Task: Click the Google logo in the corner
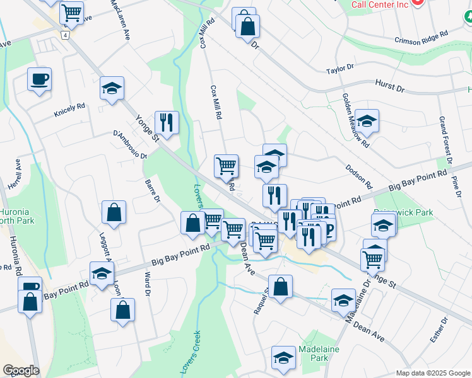[21, 370]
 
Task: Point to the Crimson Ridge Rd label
[421, 37]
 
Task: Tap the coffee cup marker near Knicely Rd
[39, 79]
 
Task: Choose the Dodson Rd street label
[359, 177]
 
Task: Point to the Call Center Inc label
[380, 4]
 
